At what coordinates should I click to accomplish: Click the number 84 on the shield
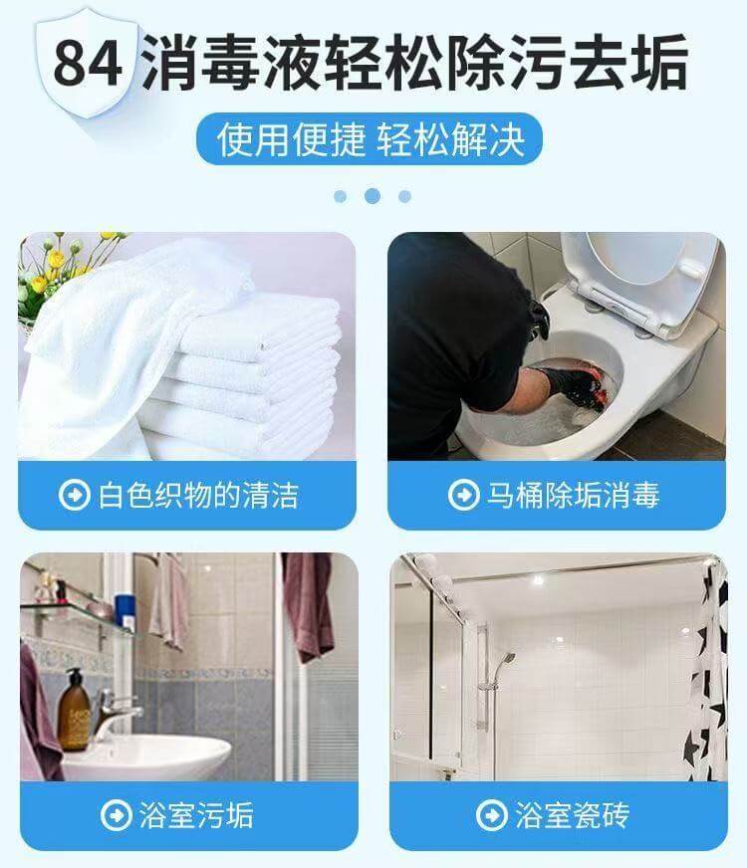[88, 63]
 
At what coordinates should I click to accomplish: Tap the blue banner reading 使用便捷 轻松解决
[370, 139]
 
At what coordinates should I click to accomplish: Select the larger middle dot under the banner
[373, 196]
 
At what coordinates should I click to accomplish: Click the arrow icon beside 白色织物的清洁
[74, 495]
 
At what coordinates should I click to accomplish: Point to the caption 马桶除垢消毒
[573, 495]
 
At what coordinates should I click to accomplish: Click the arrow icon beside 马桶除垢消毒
[463, 495]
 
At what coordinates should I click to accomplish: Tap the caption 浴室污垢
[196, 815]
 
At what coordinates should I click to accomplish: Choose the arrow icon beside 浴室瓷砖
[492, 815]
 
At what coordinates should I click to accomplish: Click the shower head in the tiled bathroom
[505, 660]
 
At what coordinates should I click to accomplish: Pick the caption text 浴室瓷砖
[572, 815]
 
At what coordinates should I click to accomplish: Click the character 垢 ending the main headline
[659, 62]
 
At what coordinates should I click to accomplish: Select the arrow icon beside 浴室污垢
[117, 815]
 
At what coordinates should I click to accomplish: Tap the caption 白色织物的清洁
[198, 495]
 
